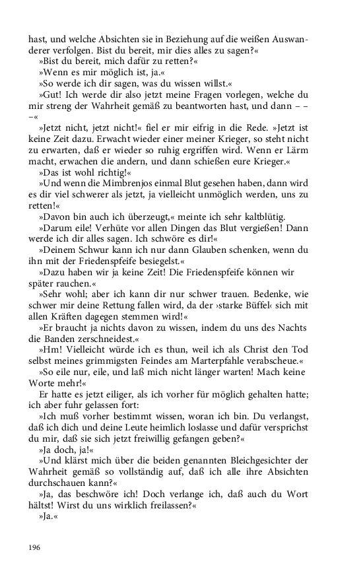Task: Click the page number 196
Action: click(34, 547)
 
